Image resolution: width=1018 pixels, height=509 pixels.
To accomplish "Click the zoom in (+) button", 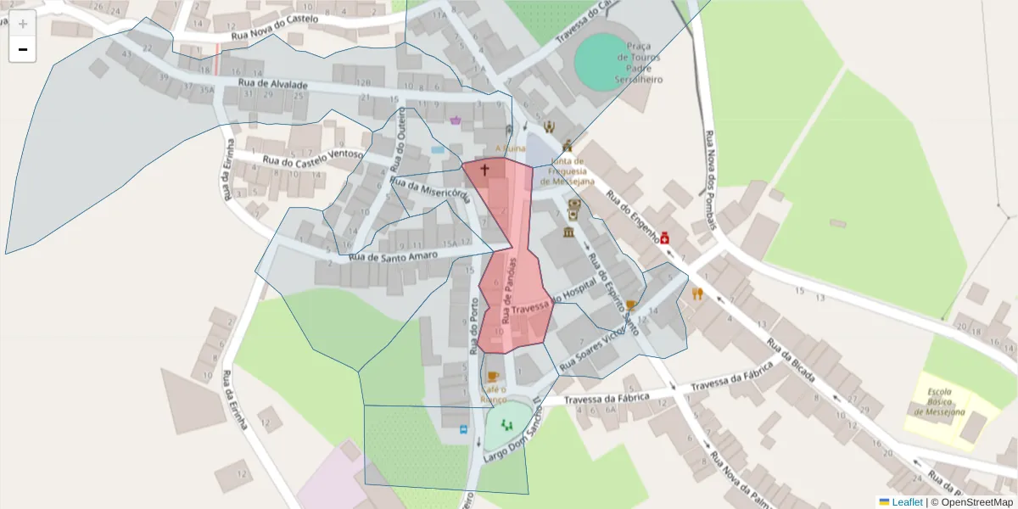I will [x=23, y=23].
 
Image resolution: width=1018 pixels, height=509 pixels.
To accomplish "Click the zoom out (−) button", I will [x=23, y=49].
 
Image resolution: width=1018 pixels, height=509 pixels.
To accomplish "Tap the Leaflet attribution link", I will [x=906, y=502].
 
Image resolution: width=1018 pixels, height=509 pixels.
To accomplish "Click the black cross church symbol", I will [x=485, y=170].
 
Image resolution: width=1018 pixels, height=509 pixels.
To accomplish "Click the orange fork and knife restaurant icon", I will [x=697, y=294].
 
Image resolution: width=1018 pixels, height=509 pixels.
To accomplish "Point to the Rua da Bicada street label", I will [x=794, y=361].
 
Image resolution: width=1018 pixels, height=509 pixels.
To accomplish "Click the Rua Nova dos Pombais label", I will [x=711, y=180].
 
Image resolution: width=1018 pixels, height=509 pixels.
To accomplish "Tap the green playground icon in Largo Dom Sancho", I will [x=507, y=423].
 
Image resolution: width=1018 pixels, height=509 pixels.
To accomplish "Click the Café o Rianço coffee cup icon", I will [x=493, y=375].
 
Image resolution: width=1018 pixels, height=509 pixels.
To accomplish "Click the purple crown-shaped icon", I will [x=456, y=120].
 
